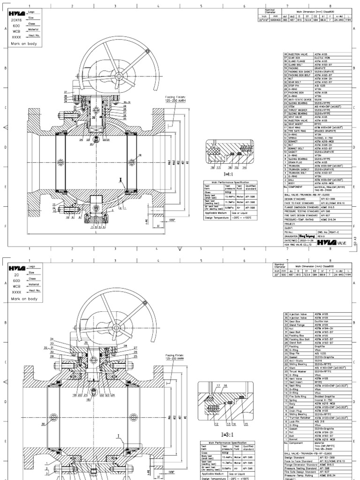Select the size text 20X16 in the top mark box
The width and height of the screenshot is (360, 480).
pyautogui.click(x=17, y=21)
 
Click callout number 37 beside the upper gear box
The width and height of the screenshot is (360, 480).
pyautogui.click(x=65, y=91)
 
